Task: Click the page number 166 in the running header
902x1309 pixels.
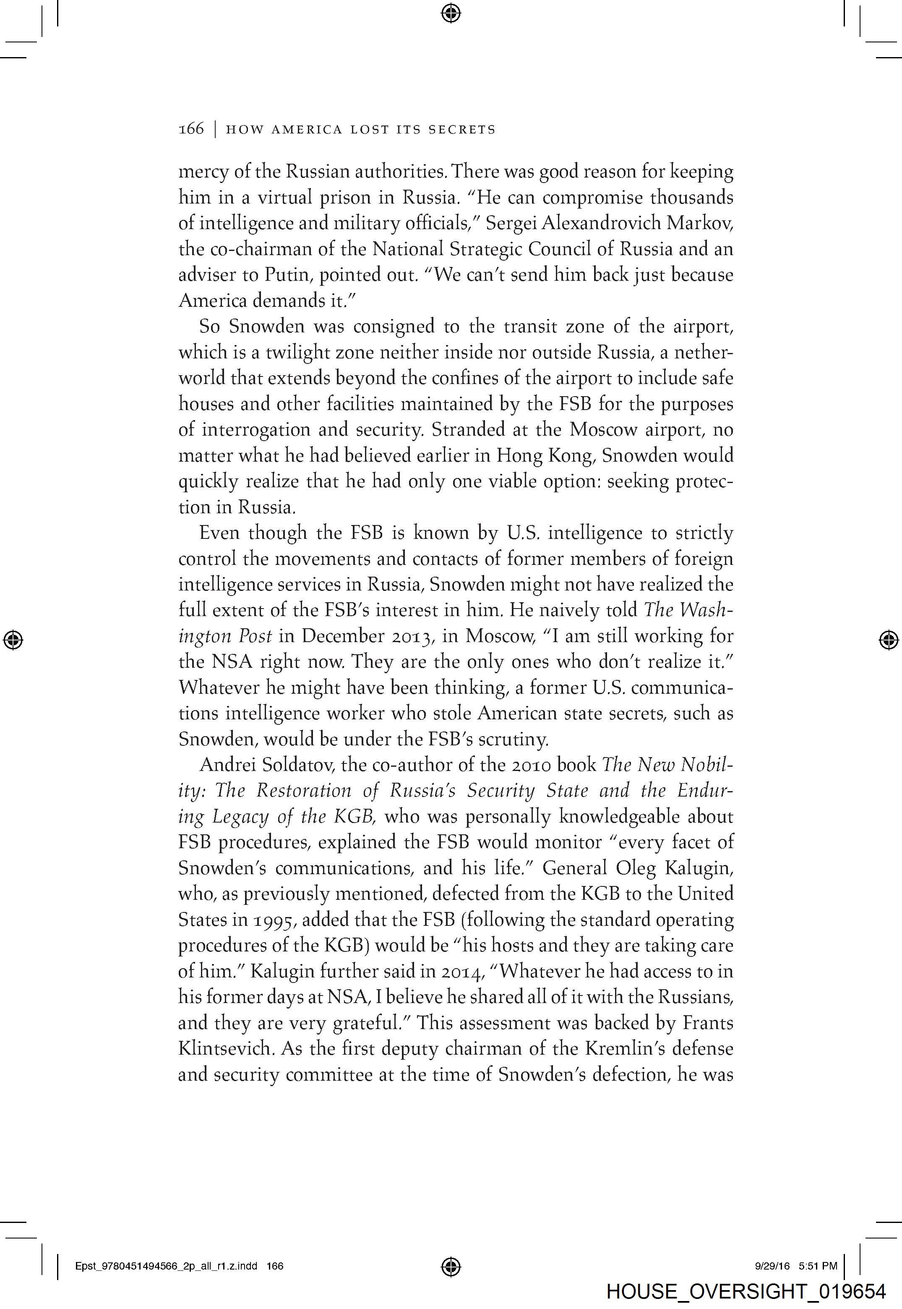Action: pos(191,129)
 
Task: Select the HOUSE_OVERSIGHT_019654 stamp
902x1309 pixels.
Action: pos(746,1291)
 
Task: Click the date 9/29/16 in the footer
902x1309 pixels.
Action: pos(772,1266)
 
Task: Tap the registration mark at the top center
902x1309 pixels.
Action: pos(451,13)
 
